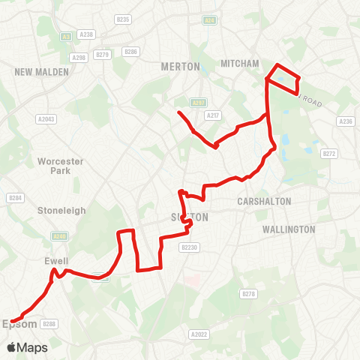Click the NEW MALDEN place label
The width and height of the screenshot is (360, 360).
click(42, 72)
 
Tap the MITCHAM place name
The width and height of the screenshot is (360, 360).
click(239, 64)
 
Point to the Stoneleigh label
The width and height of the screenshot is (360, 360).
click(62, 211)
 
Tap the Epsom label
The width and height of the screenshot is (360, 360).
click(19, 324)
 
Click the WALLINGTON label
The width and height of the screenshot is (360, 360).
click(289, 229)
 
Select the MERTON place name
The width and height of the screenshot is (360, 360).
click(181, 67)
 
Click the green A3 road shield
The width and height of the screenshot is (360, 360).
click(67, 34)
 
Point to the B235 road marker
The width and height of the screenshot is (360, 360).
click(124, 19)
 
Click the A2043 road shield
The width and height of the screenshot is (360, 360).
click(45, 118)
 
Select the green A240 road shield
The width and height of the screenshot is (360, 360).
click(61, 235)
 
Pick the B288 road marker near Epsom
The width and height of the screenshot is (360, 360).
click(49, 324)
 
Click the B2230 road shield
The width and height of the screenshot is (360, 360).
click(189, 247)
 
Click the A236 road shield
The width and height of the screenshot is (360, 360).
click(345, 121)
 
